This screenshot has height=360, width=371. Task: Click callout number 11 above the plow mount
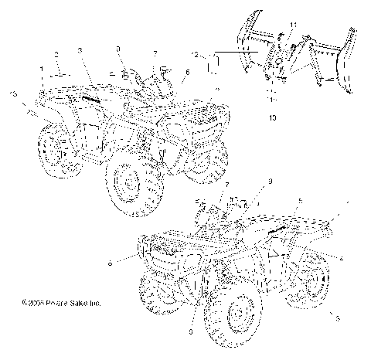click(293, 27)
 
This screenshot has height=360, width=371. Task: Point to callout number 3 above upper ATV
click(80, 50)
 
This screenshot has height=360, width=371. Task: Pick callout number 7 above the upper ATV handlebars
click(155, 53)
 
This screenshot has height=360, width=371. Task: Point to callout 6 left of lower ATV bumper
click(111, 264)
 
